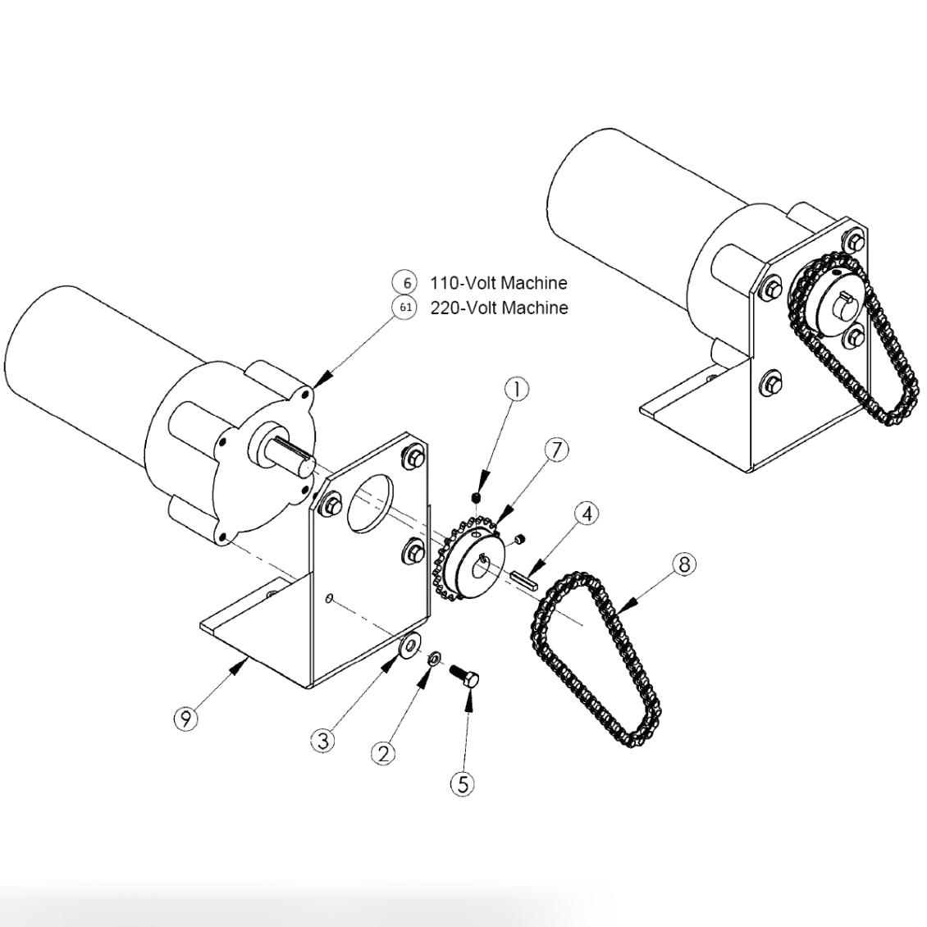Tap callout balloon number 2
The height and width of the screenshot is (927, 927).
click(382, 752)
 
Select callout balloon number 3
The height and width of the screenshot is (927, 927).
click(322, 740)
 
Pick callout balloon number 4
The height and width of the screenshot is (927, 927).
click(586, 514)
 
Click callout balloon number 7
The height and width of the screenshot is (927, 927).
click(557, 450)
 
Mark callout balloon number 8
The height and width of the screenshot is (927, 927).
click(684, 564)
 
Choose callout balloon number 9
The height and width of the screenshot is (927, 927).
click(186, 719)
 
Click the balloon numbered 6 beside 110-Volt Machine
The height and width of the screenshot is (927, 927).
click(405, 283)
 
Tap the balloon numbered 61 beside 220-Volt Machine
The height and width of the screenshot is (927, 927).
click(405, 308)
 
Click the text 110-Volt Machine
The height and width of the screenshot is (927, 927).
click(498, 283)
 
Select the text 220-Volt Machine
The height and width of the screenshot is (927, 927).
click(498, 308)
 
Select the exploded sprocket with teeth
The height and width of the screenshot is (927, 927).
click(465, 562)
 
